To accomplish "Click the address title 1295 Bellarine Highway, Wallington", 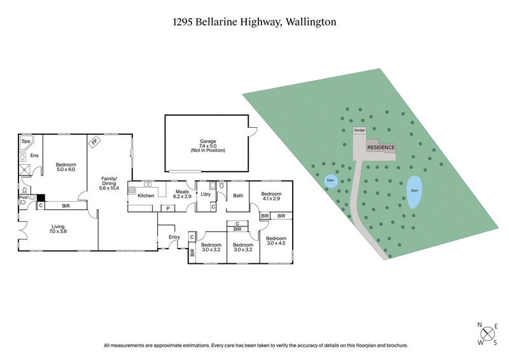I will click(254, 22).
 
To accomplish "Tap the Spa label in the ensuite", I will click(26, 141).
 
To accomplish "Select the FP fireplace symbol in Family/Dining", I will click(94, 142).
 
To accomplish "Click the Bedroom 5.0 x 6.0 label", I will click(66, 166).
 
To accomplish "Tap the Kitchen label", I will click(146, 195).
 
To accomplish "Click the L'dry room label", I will click(205, 195).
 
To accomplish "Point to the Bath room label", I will click(238, 195).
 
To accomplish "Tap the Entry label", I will click(174, 237).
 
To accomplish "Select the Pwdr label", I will click(23, 198).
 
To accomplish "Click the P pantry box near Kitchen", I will click(167, 208).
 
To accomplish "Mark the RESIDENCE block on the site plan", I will click(381, 148).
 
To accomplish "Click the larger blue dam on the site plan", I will click(414, 191).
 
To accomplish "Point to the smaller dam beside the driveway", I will click(330, 181).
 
